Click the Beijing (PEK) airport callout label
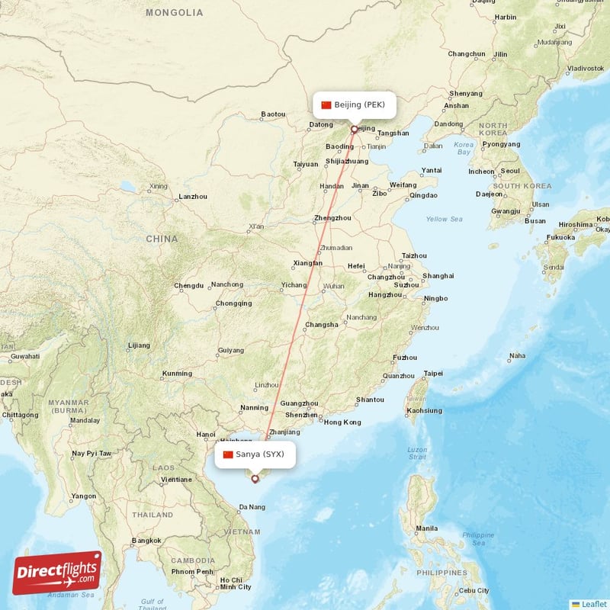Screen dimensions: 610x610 point(355,104)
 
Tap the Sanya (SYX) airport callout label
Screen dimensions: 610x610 point(254,454)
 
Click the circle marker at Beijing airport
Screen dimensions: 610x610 point(354,129)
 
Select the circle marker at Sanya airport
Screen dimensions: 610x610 point(255,479)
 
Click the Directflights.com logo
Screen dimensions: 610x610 point(57,573)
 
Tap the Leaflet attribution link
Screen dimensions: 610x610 point(593,603)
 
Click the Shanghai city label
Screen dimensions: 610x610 point(438,275)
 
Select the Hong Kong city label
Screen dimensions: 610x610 point(342,422)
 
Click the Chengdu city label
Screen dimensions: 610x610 point(188,286)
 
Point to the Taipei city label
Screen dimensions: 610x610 point(433,374)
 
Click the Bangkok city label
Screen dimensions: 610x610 point(146,541)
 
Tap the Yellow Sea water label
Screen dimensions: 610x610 point(444,219)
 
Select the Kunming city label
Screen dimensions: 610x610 point(177,374)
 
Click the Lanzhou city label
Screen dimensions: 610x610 point(191,197)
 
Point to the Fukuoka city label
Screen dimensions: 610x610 point(561,237)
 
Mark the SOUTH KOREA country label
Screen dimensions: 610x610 point(522,186)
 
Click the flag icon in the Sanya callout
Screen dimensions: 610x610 point(227,454)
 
